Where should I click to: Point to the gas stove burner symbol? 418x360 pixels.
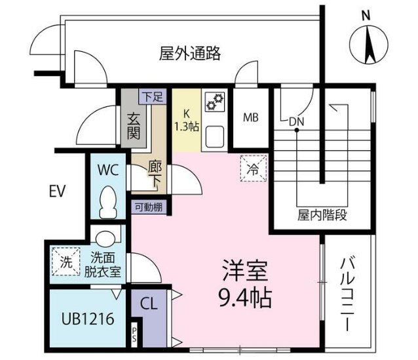pos(215,102)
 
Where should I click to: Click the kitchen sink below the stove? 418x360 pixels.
pos(215,136)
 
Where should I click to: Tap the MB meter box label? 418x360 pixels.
pos(250,118)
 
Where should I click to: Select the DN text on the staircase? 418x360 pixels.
pos(296,121)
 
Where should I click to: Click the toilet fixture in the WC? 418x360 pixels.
pos(108,202)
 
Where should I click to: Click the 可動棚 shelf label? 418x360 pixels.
pos(149,207)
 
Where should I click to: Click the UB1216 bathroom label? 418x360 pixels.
pos(88,319)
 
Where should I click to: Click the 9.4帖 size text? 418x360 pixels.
pos(244,300)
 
